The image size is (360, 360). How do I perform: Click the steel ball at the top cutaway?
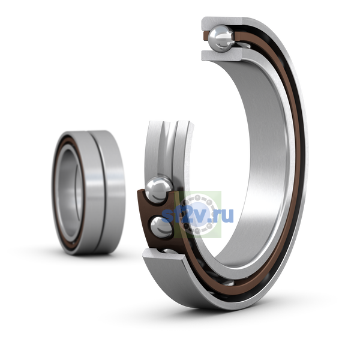tap(221, 38)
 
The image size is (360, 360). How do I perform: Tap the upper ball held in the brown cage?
tap(159, 190)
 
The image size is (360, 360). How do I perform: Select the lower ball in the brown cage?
tap(161, 227)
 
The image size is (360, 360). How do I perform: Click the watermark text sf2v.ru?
tap(197, 215)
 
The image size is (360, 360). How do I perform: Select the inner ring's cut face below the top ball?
tap(221, 56)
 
